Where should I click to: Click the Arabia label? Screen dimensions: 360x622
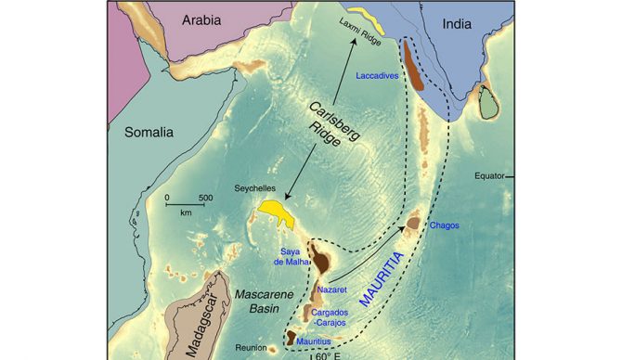tap(205, 19)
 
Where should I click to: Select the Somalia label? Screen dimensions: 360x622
tap(149, 133)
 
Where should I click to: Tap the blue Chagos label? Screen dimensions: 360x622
tap(444, 225)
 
